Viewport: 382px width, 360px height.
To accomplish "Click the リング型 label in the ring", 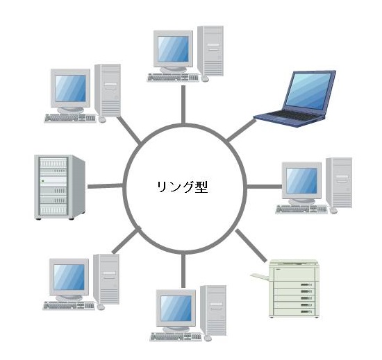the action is [x=182, y=187].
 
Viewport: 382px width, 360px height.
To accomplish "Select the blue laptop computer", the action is [x=294, y=98].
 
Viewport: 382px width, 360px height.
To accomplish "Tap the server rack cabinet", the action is [x=60, y=187].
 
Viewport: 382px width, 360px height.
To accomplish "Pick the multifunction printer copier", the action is [x=285, y=289].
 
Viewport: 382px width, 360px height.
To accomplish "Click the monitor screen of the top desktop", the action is [x=173, y=49].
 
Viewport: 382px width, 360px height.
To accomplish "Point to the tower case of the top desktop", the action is [x=210, y=51].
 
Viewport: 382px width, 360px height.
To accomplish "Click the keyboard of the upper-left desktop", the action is [x=70, y=118].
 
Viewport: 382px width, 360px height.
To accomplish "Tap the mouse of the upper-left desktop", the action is [x=102, y=119].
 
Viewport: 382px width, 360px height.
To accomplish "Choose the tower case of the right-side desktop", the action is [x=339, y=182].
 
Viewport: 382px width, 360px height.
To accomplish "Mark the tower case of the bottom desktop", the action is [x=213, y=310].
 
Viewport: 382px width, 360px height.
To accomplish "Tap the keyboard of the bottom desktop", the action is [x=176, y=337].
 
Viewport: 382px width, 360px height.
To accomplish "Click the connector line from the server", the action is [x=106, y=186].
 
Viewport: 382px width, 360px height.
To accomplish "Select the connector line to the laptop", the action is [x=241, y=130].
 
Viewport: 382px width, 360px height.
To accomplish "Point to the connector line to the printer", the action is [x=251, y=246].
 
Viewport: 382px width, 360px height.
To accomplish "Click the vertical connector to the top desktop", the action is [x=183, y=105].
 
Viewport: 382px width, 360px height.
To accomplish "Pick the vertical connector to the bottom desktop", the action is [x=183, y=271].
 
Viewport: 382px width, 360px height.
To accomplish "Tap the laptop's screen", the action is [x=308, y=90].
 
